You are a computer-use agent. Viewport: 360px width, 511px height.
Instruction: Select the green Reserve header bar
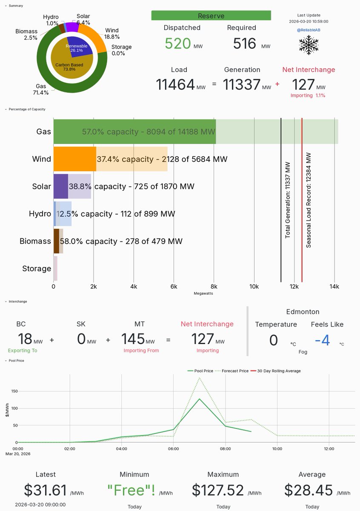(211, 16)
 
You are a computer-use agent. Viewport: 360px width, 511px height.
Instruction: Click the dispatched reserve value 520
(178, 43)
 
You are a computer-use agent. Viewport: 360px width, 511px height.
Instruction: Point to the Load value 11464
(175, 84)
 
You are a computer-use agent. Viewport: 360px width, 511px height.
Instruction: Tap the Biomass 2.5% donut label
(26, 34)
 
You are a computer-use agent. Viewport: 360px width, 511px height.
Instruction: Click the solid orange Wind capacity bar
(74, 159)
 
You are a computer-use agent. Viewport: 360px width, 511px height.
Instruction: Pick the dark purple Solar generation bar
(60, 187)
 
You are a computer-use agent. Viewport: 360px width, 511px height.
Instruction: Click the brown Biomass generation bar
(56, 241)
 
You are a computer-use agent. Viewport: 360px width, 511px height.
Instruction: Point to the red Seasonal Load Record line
(302, 200)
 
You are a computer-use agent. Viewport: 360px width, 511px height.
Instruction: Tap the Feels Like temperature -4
(324, 340)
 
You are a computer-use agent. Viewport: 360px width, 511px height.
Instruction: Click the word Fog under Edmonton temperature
(303, 352)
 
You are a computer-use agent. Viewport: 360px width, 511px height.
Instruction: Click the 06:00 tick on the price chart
(173, 448)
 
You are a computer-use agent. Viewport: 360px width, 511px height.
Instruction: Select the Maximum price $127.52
(217, 490)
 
